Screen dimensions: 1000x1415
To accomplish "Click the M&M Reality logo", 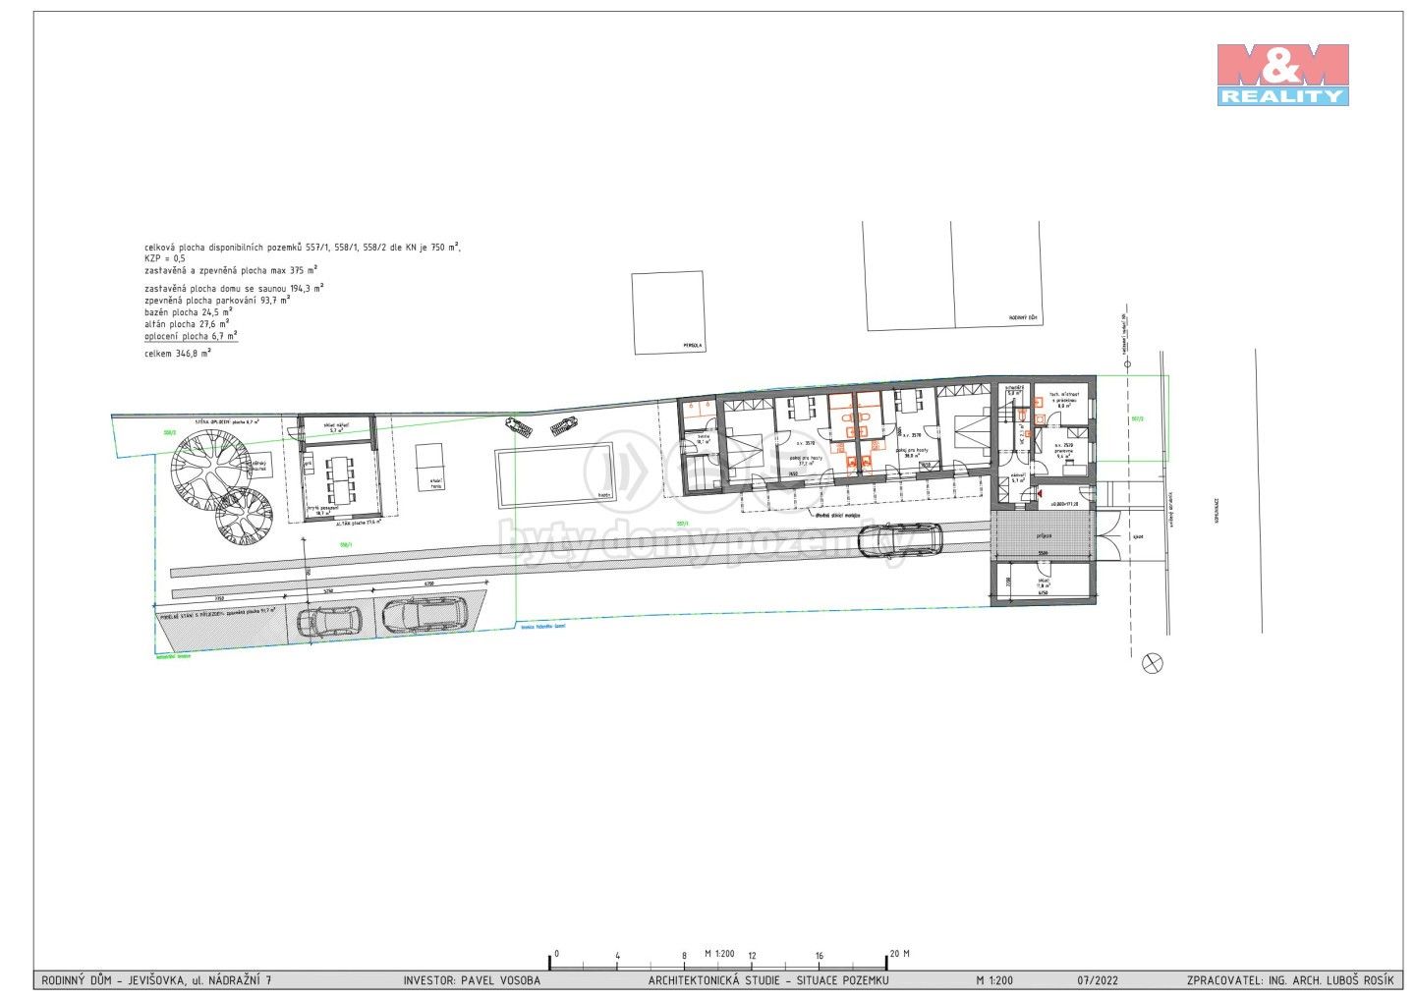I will (x=1282, y=75).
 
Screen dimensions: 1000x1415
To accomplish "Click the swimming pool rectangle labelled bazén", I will (x=554, y=473).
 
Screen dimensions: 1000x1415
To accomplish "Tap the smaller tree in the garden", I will (x=246, y=516).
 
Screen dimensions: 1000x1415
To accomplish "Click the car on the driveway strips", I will (x=899, y=539).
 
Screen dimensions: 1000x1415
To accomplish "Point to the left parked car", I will (x=328, y=621).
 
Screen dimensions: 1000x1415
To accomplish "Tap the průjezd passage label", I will (x=1044, y=535).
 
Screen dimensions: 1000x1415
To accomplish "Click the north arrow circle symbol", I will (x=1153, y=663).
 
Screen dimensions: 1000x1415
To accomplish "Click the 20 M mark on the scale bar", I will (x=898, y=954).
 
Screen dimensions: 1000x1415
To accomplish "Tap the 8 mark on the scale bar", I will (x=684, y=955).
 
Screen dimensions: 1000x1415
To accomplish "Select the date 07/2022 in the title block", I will (x=1097, y=980).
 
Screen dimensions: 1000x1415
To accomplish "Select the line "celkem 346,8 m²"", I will (x=177, y=353).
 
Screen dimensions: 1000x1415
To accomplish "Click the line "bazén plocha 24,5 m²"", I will (x=187, y=311).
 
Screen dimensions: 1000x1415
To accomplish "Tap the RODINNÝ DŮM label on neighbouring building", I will (x=1022, y=318).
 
